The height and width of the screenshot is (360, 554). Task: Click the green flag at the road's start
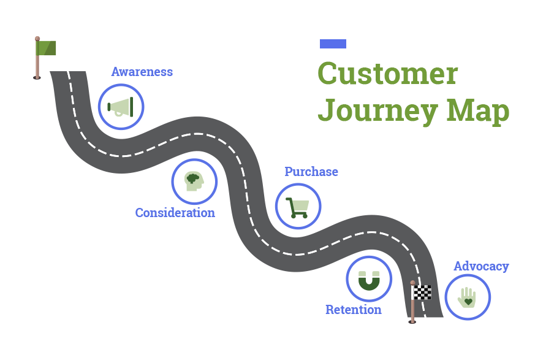[47, 48]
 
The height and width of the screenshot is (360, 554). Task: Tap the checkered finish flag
[422, 292]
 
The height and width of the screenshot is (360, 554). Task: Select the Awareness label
[142, 72]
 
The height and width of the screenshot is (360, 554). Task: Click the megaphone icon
[121, 107]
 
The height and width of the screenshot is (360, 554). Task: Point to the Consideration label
[175, 213]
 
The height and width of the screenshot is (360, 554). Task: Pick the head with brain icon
[194, 181]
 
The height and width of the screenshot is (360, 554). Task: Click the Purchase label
[311, 172]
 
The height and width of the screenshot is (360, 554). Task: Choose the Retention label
[353, 310]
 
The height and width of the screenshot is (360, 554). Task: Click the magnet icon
[369, 280]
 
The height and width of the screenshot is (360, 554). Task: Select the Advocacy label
[481, 266]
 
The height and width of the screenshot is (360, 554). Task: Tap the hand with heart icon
[467, 297]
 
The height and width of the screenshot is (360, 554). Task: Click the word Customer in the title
[387, 74]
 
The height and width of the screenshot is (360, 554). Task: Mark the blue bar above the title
[333, 44]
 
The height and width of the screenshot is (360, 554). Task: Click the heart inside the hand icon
[468, 302]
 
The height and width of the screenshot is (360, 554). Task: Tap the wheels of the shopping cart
[298, 216]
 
